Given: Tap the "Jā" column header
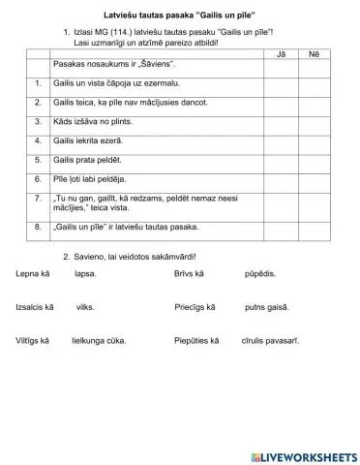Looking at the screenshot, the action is tap(281, 54).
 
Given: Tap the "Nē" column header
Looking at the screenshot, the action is tap(313, 54).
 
